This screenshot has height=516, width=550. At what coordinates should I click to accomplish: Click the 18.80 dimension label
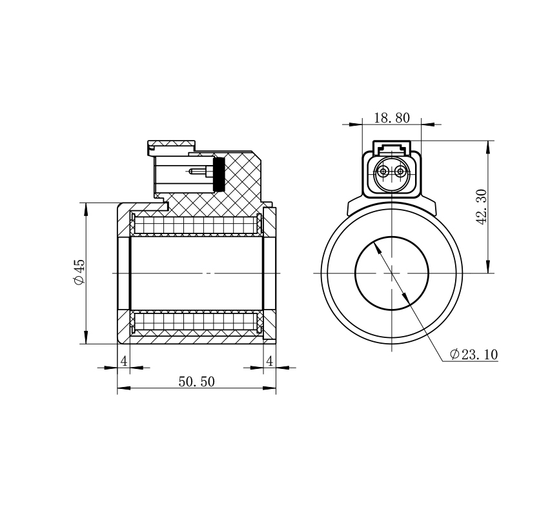click(x=391, y=118)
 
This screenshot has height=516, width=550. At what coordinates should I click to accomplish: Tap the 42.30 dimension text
click(x=482, y=207)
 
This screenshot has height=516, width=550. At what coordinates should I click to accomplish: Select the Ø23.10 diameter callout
click(x=474, y=354)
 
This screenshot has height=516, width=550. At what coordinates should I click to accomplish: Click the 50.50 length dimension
click(x=196, y=381)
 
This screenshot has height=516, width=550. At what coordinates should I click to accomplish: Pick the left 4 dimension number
click(x=124, y=361)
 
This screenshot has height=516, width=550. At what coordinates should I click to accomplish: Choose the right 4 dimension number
click(x=269, y=361)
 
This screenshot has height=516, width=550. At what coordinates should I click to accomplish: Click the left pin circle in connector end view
click(x=383, y=172)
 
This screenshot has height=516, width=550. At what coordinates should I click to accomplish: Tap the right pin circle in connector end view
click(x=400, y=172)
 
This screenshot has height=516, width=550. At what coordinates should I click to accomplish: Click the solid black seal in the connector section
click(x=219, y=174)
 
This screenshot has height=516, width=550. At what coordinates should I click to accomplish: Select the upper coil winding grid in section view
click(x=196, y=225)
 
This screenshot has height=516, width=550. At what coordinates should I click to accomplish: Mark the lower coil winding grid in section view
click(x=196, y=321)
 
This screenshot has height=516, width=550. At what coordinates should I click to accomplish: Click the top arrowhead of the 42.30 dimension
click(x=487, y=146)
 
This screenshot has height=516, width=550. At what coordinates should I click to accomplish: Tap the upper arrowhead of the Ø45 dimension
click(x=86, y=209)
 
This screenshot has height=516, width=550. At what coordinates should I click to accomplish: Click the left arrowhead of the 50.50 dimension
click(x=123, y=388)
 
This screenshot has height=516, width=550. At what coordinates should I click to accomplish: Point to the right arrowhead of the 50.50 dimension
click(x=269, y=388)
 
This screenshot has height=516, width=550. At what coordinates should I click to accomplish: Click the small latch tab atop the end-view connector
click(x=391, y=147)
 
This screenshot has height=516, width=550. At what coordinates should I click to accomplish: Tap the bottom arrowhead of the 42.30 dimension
click(x=487, y=267)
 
